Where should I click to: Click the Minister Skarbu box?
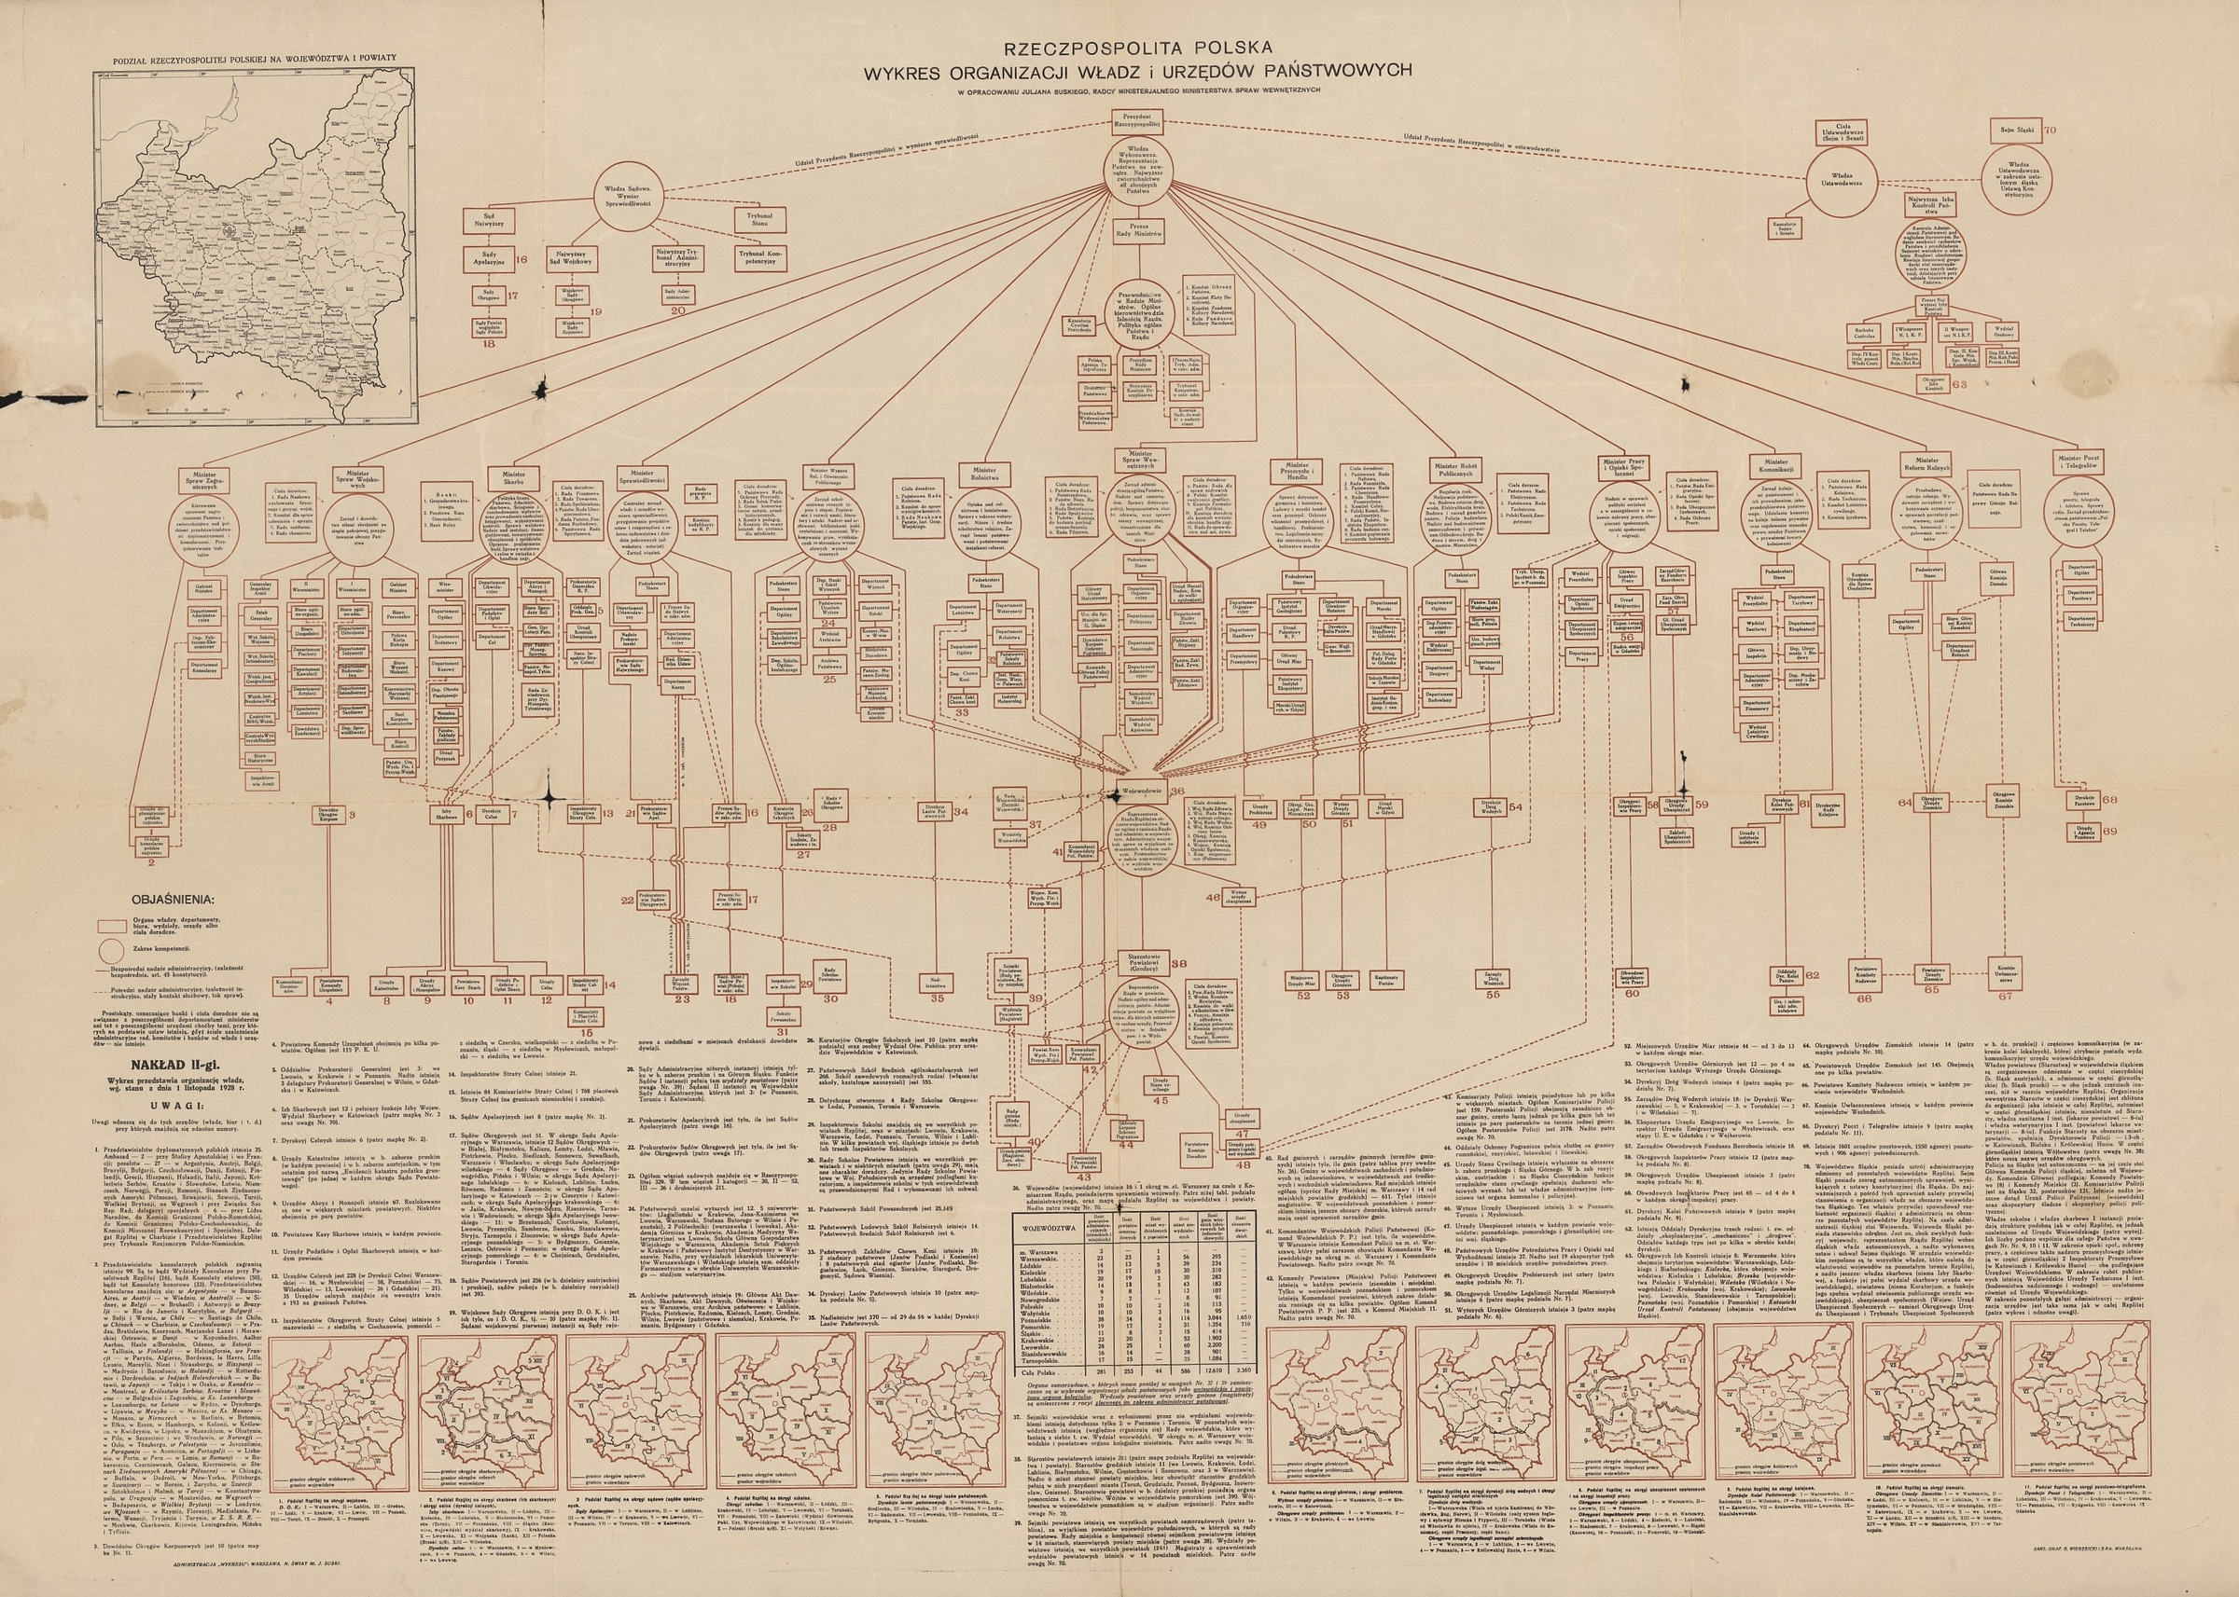click(x=507, y=477)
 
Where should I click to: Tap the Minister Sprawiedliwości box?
click(x=643, y=477)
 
